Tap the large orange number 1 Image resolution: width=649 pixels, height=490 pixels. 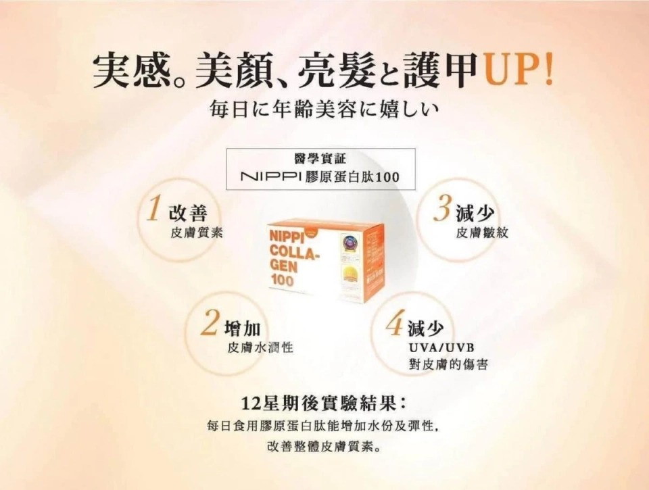[x=153, y=208]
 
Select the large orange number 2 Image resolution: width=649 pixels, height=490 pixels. [x=210, y=323]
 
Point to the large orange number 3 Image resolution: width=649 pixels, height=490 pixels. [x=441, y=209]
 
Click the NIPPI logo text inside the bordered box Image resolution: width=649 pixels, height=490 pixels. [x=271, y=177]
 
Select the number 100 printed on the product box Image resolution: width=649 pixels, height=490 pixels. [x=282, y=280]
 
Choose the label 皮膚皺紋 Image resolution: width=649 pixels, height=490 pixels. [x=482, y=233]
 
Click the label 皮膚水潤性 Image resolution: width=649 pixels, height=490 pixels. [x=260, y=347]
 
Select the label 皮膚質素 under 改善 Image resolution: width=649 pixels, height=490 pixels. [x=197, y=233]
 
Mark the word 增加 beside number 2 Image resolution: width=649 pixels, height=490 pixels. [x=242, y=328]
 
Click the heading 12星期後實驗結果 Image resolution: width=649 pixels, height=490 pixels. [x=318, y=403]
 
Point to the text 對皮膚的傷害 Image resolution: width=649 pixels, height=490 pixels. [x=448, y=364]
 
